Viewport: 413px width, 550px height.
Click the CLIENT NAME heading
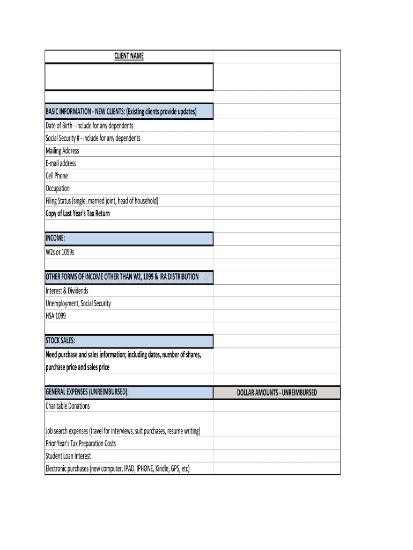pos(129,56)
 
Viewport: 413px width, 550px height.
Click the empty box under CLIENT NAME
pos(129,76)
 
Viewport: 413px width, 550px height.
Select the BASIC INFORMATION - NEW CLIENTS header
pos(121,112)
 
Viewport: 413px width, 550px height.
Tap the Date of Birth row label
pos(90,125)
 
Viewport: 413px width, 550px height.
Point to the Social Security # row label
pos(93,138)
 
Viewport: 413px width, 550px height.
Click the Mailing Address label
pos(62,150)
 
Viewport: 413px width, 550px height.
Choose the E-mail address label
pos(61,163)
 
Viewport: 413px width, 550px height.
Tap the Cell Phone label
pos(57,176)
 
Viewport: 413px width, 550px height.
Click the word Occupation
pos(57,189)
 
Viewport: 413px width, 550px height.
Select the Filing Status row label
pos(102,201)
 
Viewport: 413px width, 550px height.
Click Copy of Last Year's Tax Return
pos(78,213)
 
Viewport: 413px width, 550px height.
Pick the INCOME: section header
pos(56,238)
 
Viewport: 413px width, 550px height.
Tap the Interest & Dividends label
pos(67,291)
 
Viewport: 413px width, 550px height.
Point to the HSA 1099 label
pos(56,316)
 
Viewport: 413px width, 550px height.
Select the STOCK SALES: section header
pos(60,341)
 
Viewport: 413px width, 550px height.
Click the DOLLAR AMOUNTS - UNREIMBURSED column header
pos(277,393)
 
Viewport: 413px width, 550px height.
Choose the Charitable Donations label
pos(68,406)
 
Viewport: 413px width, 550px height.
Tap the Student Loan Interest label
pos(68,456)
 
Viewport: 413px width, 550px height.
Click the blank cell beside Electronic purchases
pos(277,468)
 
